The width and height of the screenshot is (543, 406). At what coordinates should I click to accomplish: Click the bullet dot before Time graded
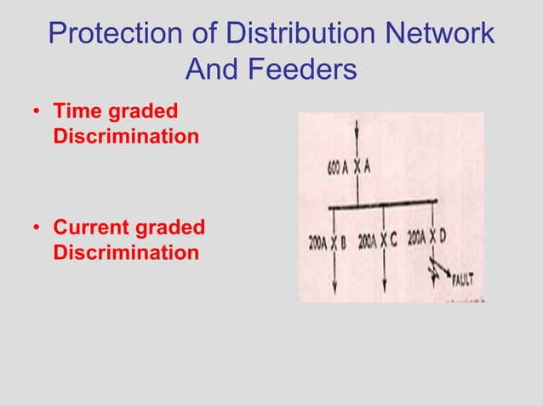tap(37, 112)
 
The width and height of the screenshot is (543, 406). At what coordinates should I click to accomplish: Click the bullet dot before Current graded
tap(37, 229)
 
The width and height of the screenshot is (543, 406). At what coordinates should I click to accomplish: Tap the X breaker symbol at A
tap(357, 167)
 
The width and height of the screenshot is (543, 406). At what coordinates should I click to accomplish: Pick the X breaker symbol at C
tap(384, 240)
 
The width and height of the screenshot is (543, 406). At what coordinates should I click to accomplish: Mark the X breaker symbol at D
tap(434, 240)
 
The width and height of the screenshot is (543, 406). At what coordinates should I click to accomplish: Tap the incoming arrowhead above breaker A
tap(357, 132)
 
